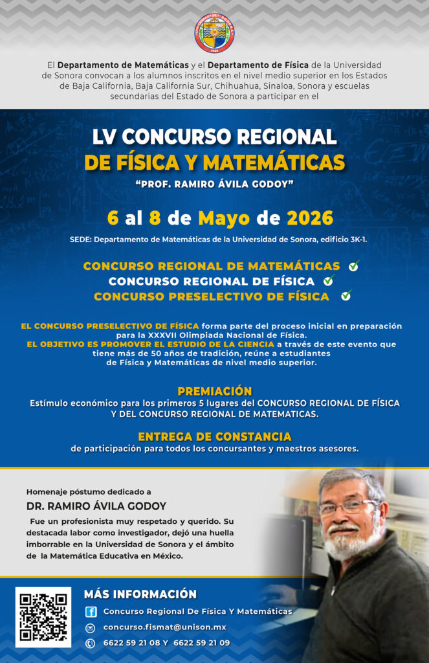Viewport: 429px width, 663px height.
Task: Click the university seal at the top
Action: pos(214,33)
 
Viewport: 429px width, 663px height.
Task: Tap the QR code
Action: pos(43,616)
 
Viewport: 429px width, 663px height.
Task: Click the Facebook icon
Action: pos(91,612)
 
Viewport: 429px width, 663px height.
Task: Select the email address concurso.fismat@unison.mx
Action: pos(164,627)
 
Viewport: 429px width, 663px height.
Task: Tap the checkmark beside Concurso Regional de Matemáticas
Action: pos(353,265)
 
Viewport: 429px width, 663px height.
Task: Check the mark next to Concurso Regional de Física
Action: pos(329,280)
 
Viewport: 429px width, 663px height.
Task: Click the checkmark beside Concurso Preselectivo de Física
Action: pos(346,296)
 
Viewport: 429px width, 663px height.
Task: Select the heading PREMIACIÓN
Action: pos(214,391)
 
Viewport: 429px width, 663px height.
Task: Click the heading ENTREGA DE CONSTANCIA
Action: pos(214,436)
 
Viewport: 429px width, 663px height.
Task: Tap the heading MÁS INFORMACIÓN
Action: pos(140,594)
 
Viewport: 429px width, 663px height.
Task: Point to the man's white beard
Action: pos(346,542)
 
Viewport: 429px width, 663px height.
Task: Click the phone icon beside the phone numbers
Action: pos(91,643)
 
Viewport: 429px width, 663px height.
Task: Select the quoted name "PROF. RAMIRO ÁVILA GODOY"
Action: pos(214,184)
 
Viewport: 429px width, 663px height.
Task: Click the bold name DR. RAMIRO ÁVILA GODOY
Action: pos(96,506)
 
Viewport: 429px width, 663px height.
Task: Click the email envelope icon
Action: pos(91,627)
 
